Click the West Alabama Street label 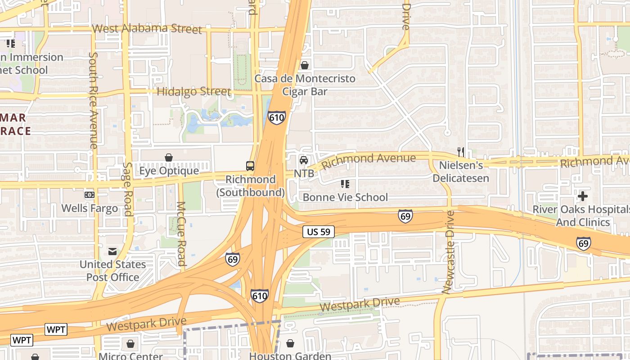[x=147, y=29]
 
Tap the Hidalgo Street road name [x=194, y=92]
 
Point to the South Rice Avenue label [x=93, y=100]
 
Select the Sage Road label [x=128, y=189]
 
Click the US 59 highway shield [x=319, y=232]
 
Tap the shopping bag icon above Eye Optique [x=169, y=157]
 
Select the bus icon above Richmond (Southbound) [x=250, y=166]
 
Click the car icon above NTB [x=304, y=160]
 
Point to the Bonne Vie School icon [x=345, y=184]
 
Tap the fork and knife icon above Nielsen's [x=460, y=152]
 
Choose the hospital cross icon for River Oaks [x=583, y=196]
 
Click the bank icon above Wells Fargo [x=89, y=195]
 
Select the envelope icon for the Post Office [x=112, y=251]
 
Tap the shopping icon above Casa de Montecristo [x=305, y=65]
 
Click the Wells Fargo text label [x=90, y=208]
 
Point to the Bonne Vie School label [x=345, y=197]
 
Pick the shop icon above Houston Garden [x=290, y=344]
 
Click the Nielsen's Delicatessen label [x=461, y=171]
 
